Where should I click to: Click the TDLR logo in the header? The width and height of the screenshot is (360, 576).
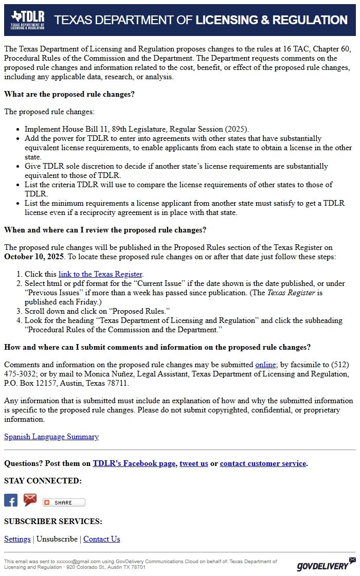pyautogui.click(x=28, y=20)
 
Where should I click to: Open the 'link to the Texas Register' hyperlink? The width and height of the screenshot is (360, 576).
pyautogui.click(x=100, y=274)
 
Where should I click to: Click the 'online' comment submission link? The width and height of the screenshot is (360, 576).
pyautogui.click(x=266, y=365)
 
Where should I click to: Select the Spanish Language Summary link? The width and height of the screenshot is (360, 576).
pyautogui.click(x=51, y=437)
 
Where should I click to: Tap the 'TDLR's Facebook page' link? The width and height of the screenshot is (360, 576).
pyautogui.click(x=134, y=463)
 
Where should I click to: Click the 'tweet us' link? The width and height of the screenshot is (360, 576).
pyautogui.click(x=194, y=463)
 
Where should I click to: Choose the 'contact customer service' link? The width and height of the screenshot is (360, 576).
pyautogui.click(x=263, y=463)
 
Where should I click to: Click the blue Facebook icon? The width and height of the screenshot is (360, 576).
pyautogui.click(x=11, y=500)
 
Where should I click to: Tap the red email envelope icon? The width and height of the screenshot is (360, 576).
pyautogui.click(x=30, y=500)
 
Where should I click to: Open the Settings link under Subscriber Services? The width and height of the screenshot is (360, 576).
pyautogui.click(x=17, y=539)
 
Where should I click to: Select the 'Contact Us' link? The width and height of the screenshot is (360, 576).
pyautogui.click(x=102, y=539)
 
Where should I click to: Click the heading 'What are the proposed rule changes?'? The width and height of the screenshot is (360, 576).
pyautogui.click(x=69, y=95)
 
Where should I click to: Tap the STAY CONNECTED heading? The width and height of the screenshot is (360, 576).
pyautogui.click(x=43, y=481)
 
